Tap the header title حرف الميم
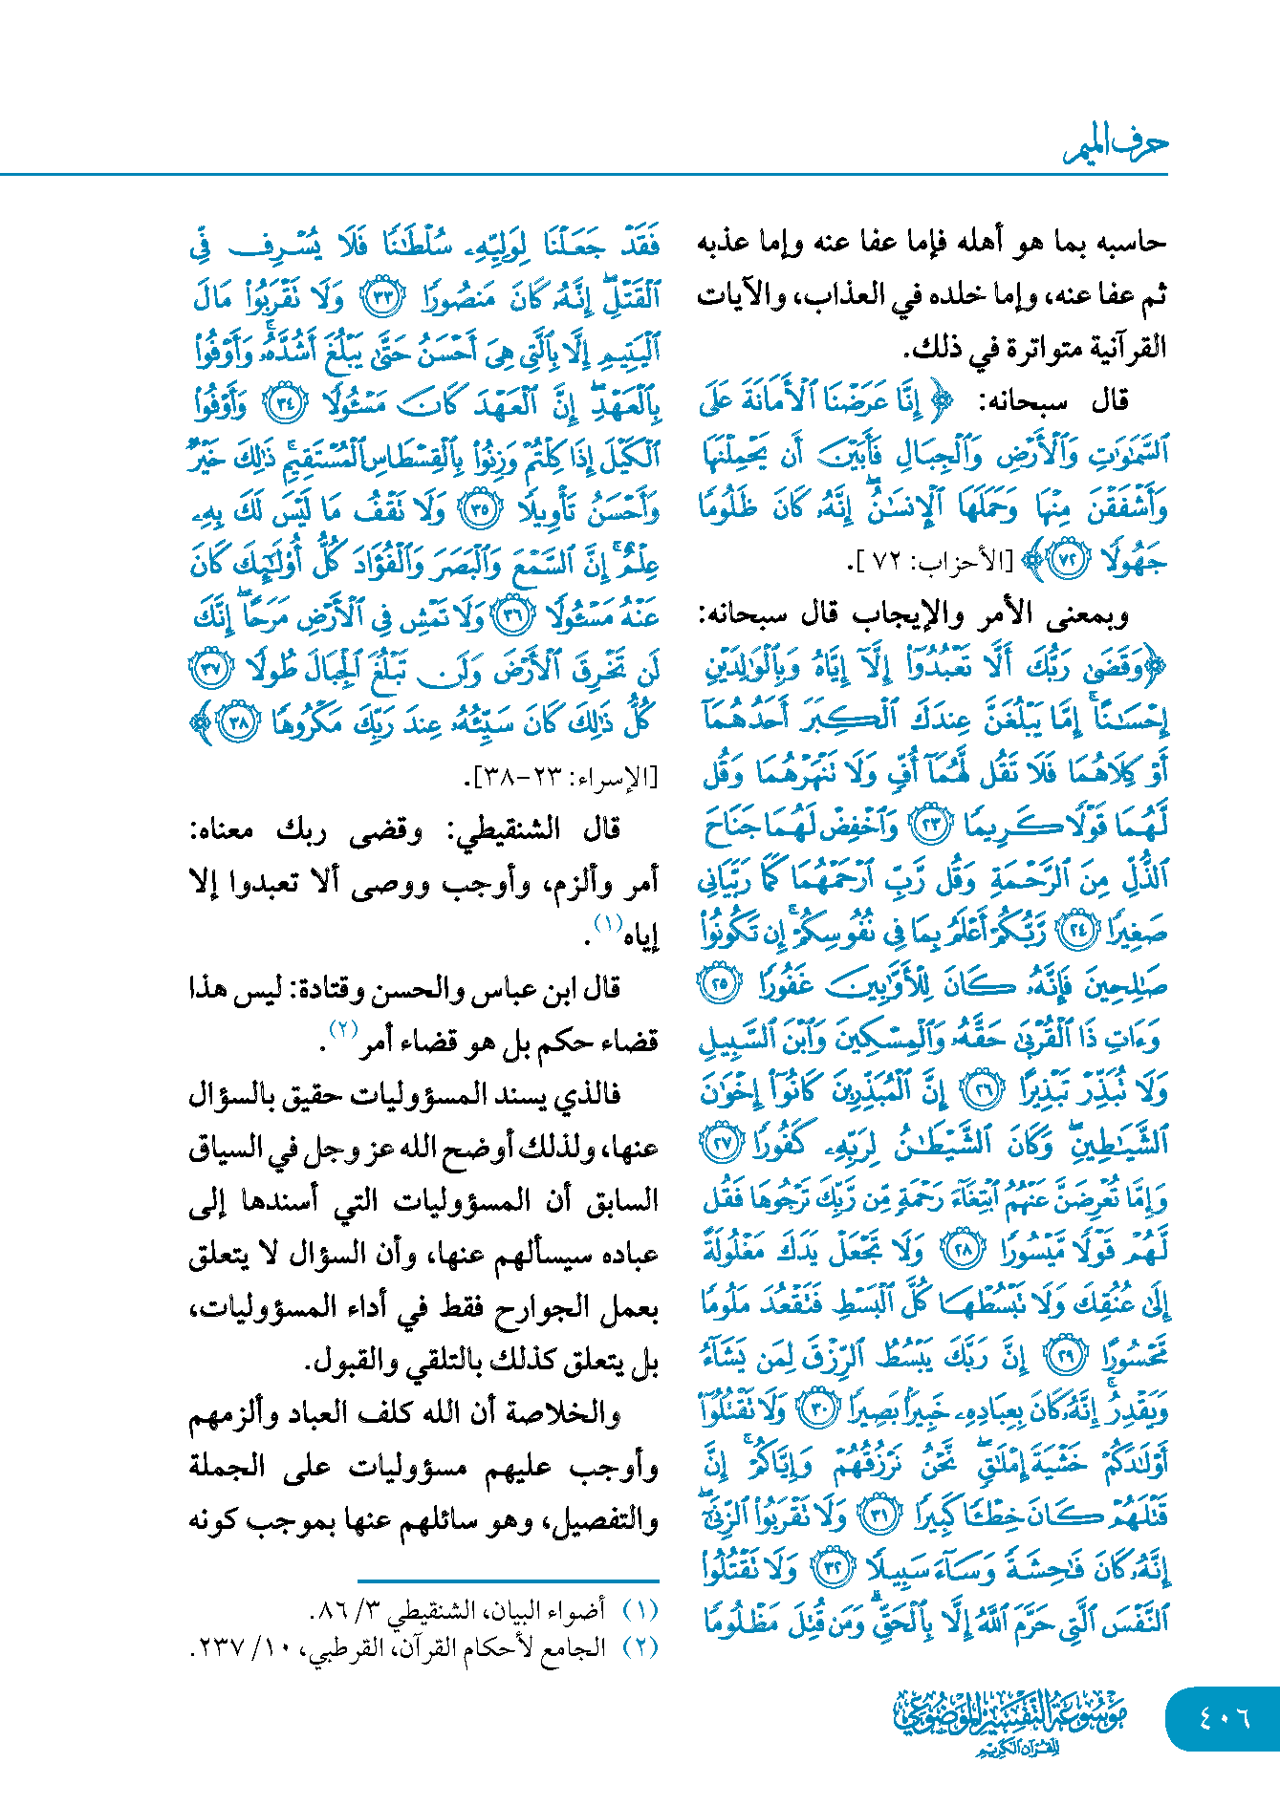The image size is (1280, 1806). (x=1117, y=145)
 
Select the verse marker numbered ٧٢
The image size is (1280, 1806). (x=1068, y=561)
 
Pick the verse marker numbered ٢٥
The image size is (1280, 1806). (x=719, y=982)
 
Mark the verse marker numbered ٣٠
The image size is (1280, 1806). (x=817, y=1409)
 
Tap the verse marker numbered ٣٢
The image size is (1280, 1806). (x=831, y=1568)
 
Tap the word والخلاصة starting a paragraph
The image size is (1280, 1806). (x=575, y=1413)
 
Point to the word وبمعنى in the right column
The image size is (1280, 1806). (x=1089, y=615)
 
